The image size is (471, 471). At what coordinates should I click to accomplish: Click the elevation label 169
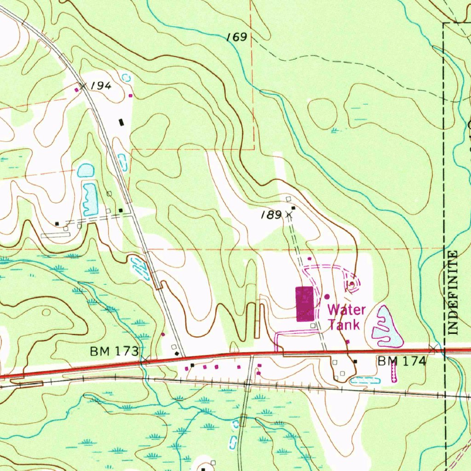point(237,37)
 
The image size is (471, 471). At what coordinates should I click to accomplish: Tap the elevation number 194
point(101,86)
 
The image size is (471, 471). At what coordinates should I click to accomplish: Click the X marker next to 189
point(289,214)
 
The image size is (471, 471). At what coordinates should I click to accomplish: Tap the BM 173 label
point(114,352)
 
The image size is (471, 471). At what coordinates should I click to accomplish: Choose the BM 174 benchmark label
point(402,362)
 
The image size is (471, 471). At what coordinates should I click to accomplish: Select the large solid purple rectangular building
point(304,304)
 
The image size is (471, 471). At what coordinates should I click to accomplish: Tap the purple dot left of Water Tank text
point(327,297)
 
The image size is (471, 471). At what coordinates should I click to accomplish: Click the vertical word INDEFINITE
point(453,293)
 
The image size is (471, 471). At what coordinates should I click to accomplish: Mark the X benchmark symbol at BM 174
point(433,350)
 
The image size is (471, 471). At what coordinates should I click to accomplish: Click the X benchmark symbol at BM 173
point(144,359)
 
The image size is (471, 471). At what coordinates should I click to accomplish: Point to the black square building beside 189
point(293,208)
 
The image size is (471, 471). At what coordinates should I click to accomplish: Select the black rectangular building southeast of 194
point(121,122)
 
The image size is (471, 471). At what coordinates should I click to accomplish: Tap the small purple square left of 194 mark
point(76,90)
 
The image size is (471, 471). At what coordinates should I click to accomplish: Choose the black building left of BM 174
point(355,362)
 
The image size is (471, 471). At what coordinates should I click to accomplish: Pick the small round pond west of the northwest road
point(85,171)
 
